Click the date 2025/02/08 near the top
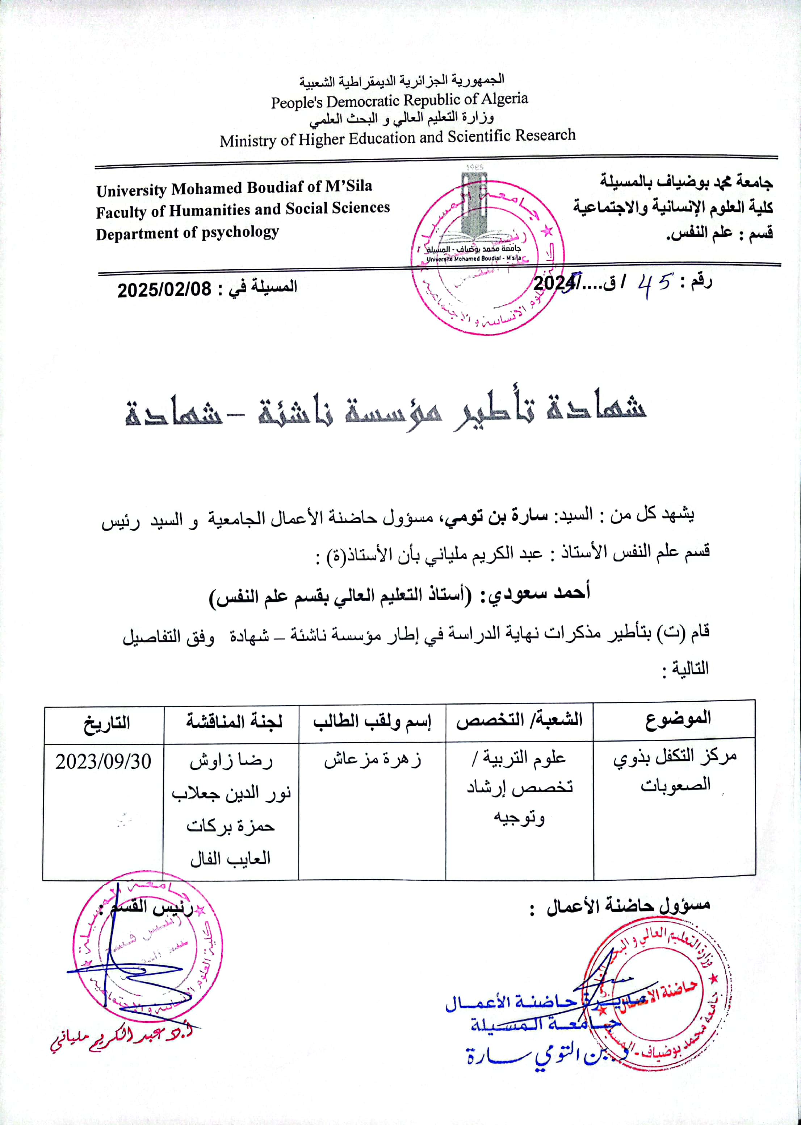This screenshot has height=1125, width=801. tap(164, 289)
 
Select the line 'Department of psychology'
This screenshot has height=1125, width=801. tap(188, 233)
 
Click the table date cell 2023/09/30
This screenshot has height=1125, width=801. tap(103, 762)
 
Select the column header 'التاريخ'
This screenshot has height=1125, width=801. tap(106, 723)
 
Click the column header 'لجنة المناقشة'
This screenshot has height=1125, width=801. tap(234, 722)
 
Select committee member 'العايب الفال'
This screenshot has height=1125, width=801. tap(231, 859)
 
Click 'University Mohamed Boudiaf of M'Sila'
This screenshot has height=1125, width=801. tap(234, 188)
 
